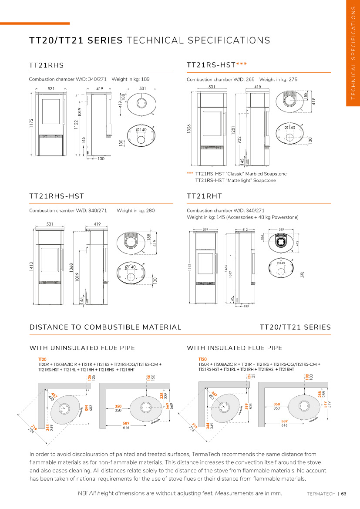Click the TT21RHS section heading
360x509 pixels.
point(46,65)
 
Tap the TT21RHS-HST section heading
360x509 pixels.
point(56,196)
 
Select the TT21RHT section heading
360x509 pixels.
point(204,196)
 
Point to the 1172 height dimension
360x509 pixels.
point(31,124)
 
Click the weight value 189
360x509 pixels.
point(145,79)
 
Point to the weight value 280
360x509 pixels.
point(150,210)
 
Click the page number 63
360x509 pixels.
point(343,494)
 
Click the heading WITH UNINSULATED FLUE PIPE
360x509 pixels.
point(82,348)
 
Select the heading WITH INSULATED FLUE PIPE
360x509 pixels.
point(234,348)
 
